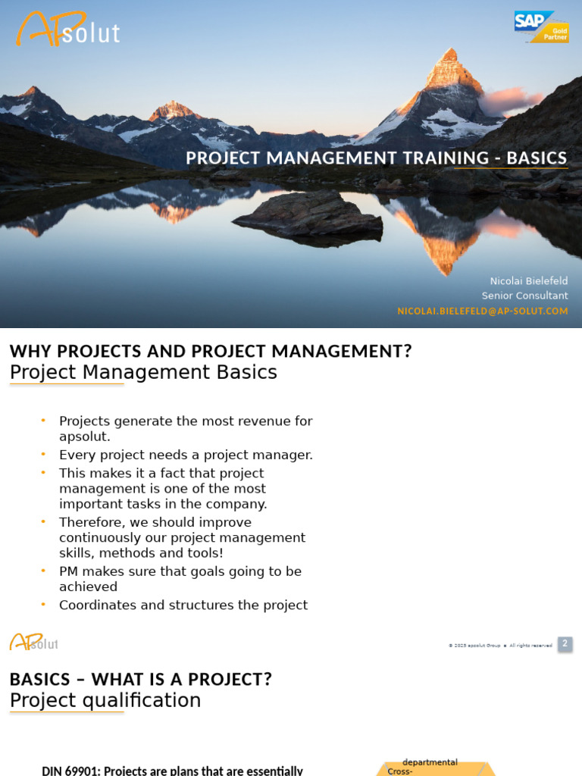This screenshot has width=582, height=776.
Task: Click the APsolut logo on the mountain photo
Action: (67, 30)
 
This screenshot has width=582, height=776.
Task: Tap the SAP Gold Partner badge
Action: (541, 27)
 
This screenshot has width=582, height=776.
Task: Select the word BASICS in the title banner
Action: (537, 158)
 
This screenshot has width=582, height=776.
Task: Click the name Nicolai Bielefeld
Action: (528, 281)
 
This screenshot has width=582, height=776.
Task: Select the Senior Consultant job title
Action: (524, 296)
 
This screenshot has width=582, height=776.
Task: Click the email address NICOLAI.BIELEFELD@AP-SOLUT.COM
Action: (482, 311)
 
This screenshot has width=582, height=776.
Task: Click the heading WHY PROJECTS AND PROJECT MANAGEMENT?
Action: (210, 352)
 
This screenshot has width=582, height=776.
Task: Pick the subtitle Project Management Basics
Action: (143, 372)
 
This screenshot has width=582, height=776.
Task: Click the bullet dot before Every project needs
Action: (43, 454)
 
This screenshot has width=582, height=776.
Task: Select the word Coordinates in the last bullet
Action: (95, 605)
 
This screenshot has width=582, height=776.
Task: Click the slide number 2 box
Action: (565, 644)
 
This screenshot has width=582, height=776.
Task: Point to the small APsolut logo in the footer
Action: (33, 643)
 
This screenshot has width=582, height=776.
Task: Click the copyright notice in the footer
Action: (500, 645)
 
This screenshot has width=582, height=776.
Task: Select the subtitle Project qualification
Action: (105, 700)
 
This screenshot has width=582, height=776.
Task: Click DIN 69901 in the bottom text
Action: (71, 771)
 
